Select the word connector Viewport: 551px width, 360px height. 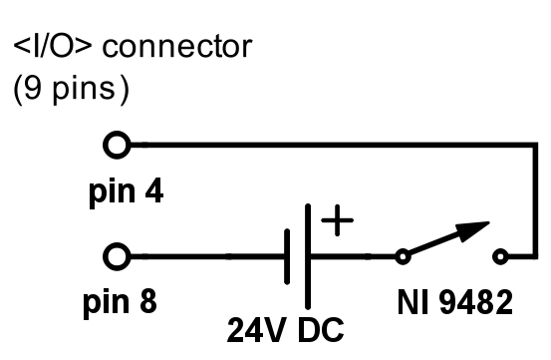pos(167,47)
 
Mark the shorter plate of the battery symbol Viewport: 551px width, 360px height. pos(288,257)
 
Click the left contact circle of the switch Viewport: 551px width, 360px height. pos(403,257)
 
